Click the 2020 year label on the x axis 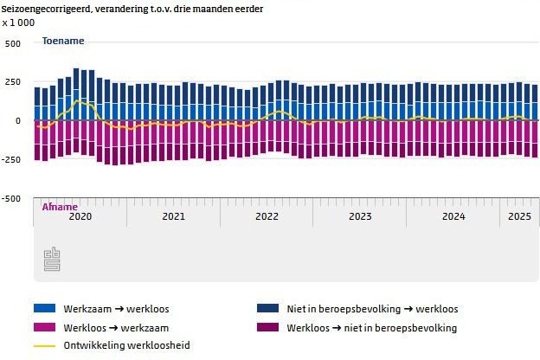[80, 215]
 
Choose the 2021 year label [173, 215]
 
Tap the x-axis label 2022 [267, 215]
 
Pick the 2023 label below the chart [360, 215]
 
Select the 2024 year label [453, 215]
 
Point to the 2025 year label [519, 215]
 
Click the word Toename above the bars [63, 41]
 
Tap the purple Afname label [60, 207]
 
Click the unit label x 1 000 [18, 22]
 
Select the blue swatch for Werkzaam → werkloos [44, 308]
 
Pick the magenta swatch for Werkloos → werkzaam [44, 327]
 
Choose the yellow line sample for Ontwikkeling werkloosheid [44, 346]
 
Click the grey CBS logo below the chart [53, 258]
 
